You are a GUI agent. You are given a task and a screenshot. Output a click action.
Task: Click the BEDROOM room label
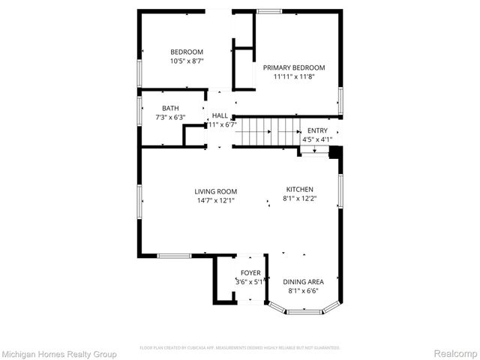point(187,51)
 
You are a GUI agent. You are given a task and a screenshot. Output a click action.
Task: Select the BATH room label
point(170,108)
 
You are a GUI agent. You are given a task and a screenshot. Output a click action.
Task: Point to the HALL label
point(220,115)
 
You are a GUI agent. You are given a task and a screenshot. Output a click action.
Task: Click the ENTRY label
point(317,130)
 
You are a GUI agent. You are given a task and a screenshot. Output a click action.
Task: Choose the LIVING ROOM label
point(216,191)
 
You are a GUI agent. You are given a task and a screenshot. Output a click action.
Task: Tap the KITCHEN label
point(299,190)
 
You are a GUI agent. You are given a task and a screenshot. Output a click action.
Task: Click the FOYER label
point(250,273)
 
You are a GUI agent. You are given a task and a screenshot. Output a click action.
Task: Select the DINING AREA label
point(304,282)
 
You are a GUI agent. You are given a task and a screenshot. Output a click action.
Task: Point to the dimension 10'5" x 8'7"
point(187,61)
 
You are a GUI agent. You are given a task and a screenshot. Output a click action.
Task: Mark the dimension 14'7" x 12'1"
point(216,200)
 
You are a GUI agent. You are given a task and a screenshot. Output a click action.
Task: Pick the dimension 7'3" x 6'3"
point(170,118)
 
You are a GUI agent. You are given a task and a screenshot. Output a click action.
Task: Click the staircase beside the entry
point(266,132)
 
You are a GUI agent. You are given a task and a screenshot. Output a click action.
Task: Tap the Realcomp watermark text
point(457,352)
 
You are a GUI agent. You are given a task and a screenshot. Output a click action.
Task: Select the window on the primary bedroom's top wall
point(268,11)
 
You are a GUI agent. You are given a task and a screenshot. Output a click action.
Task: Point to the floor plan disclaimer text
point(240,348)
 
